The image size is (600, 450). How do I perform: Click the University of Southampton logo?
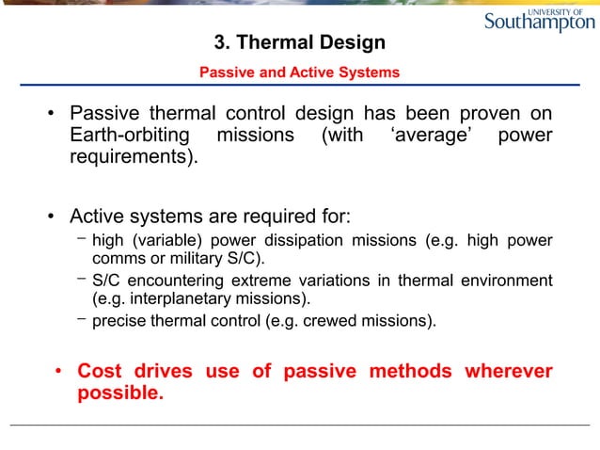[x=539, y=20]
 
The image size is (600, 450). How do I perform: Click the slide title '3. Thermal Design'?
[x=300, y=42]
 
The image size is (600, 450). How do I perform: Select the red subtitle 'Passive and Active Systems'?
[x=300, y=72]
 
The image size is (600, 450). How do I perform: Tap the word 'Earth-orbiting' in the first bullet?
[x=130, y=136]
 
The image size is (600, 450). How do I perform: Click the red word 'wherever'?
[x=508, y=371]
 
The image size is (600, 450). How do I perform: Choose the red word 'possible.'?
[x=120, y=393]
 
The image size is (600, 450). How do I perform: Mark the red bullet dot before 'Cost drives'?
[x=58, y=372]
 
